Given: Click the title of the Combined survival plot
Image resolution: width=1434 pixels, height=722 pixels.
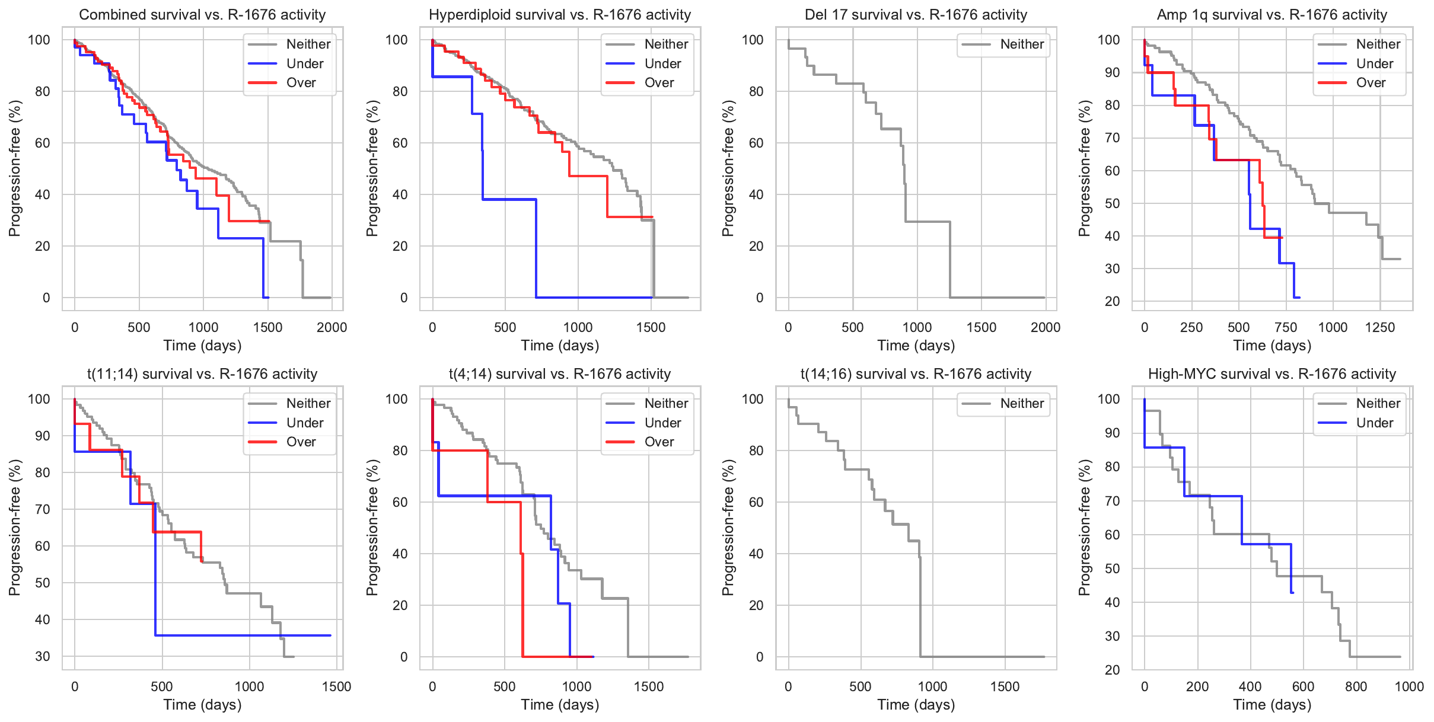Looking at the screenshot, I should pyautogui.click(x=202, y=15).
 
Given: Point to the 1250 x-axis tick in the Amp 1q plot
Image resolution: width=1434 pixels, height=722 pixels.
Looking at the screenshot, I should pyautogui.click(x=1380, y=327).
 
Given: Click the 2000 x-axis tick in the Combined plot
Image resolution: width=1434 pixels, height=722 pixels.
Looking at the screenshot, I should pyautogui.click(x=332, y=327).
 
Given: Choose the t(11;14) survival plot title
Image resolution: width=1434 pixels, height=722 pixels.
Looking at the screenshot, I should pyautogui.click(x=202, y=374).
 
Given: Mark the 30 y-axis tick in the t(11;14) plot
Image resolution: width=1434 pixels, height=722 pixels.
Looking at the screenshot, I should pyautogui.click(x=43, y=656).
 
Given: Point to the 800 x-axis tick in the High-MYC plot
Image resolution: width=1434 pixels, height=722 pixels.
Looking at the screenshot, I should pyautogui.click(x=1356, y=686).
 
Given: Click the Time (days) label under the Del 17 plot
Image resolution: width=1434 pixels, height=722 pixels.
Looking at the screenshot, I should pyautogui.click(x=916, y=346).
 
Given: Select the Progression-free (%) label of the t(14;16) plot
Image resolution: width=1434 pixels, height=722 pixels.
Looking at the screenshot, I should pyautogui.click(x=728, y=528).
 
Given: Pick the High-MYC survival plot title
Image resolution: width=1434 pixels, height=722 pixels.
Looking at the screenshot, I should pyautogui.click(x=1272, y=374).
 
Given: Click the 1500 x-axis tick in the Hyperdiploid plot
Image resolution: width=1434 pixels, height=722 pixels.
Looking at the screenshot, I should pyautogui.click(x=651, y=327).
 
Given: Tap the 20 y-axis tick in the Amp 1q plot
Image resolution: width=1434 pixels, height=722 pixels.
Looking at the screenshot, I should pyautogui.click(x=1112, y=301).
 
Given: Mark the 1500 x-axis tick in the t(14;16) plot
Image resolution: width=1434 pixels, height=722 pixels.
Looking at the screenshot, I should pyautogui.click(x=1005, y=686).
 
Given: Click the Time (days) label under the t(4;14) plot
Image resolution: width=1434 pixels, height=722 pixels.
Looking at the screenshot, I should pyautogui.click(x=560, y=705).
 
